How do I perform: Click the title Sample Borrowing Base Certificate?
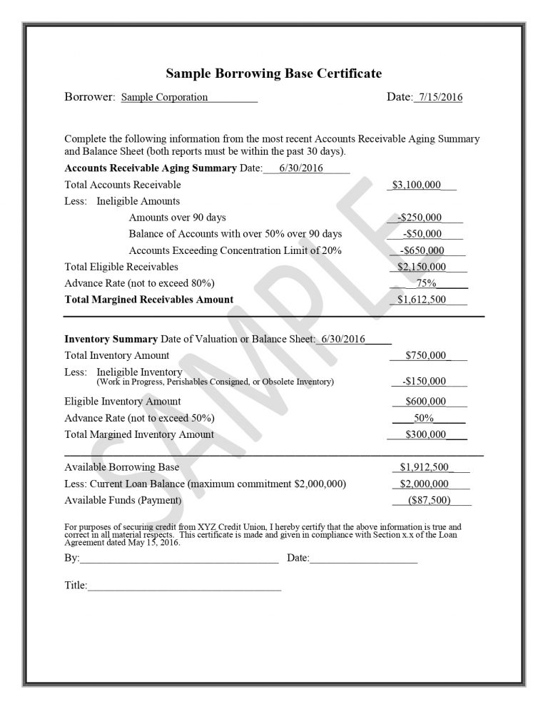(x=274, y=73)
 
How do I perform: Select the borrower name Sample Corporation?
(x=164, y=97)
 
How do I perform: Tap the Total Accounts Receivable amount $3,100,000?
(x=417, y=185)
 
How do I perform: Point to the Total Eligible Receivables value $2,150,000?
(x=422, y=267)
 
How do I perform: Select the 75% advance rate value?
(x=426, y=283)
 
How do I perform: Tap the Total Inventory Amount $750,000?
(x=425, y=354)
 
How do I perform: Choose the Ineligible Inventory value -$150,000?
(x=424, y=381)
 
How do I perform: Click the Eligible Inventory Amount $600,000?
(x=425, y=401)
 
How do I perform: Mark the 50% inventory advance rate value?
(x=425, y=418)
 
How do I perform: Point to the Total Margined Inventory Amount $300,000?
(x=425, y=434)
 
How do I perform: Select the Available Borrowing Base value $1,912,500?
(x=424, y=467)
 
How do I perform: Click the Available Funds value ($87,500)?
(x=429, y=500)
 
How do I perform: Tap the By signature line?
(x=178, y=558)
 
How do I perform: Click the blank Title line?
(x=184, y=586)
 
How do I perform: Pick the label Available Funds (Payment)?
(x=123, y=500)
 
